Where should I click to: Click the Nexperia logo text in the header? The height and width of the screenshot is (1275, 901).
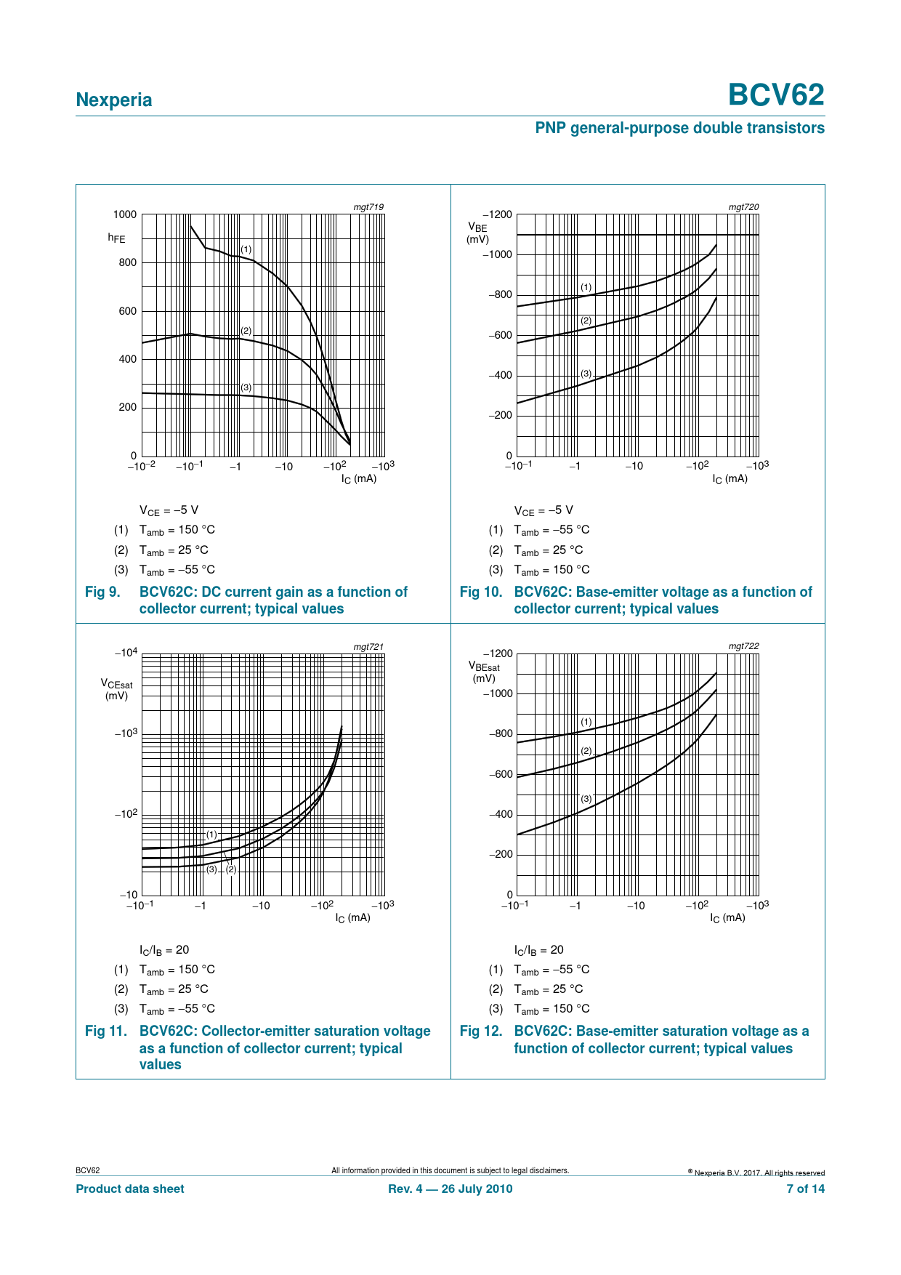(x=114, y=100)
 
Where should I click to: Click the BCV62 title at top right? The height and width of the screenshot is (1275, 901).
(x=776, y=95)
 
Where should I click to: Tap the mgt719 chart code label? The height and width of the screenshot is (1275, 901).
(x=368, y=207)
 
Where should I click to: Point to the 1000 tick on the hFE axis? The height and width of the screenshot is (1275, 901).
(x=125, y=214)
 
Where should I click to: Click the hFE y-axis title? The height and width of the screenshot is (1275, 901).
(x=116, y=238)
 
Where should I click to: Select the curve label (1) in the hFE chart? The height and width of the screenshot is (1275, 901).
(x=246, y=249)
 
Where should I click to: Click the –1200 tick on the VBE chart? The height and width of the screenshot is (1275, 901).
(x=498, y=214)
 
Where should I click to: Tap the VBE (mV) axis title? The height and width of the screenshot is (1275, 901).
(x=478, y=233)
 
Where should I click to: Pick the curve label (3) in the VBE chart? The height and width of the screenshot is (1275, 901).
(x=586, y=374)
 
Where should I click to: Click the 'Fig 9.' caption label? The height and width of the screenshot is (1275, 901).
(x=102, y=592)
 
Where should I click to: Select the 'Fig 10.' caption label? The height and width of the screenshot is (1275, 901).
(x=481, y=592)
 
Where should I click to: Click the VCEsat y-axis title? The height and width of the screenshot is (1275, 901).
(x=116, y=689)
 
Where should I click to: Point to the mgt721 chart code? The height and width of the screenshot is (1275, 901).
(x=368, y=646)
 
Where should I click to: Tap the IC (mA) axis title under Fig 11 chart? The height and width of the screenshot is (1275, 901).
(x=353, y=918)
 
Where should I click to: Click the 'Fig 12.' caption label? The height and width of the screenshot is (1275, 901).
(x=481, y=1031)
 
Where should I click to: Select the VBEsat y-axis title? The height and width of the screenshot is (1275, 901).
(x=484, y=672)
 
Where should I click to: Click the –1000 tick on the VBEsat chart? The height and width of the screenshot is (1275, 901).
(x=498, y=693)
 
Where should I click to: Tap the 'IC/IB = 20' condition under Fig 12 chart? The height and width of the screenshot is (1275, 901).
(x=539, y=950)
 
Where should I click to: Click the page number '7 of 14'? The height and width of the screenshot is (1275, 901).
(x=806, y=1188)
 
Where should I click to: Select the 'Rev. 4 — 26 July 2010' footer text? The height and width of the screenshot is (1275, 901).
(x=450, y=1188)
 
